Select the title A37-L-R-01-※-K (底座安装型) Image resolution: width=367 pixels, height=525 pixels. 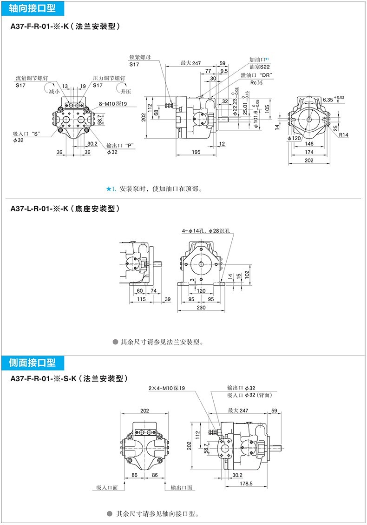(65, 209)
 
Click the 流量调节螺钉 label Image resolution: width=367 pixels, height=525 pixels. (32, 78)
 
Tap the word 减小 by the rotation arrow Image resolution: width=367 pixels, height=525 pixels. (54, 92)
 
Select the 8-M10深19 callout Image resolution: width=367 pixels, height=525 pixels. (110, 104)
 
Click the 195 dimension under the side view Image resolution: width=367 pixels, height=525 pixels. (195, 152)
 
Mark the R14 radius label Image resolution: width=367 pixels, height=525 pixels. (344, 135)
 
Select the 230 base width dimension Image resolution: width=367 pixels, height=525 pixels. (201, 307)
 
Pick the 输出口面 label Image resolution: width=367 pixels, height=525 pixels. (182, 487)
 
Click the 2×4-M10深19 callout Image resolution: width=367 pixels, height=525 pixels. (167, 388)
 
